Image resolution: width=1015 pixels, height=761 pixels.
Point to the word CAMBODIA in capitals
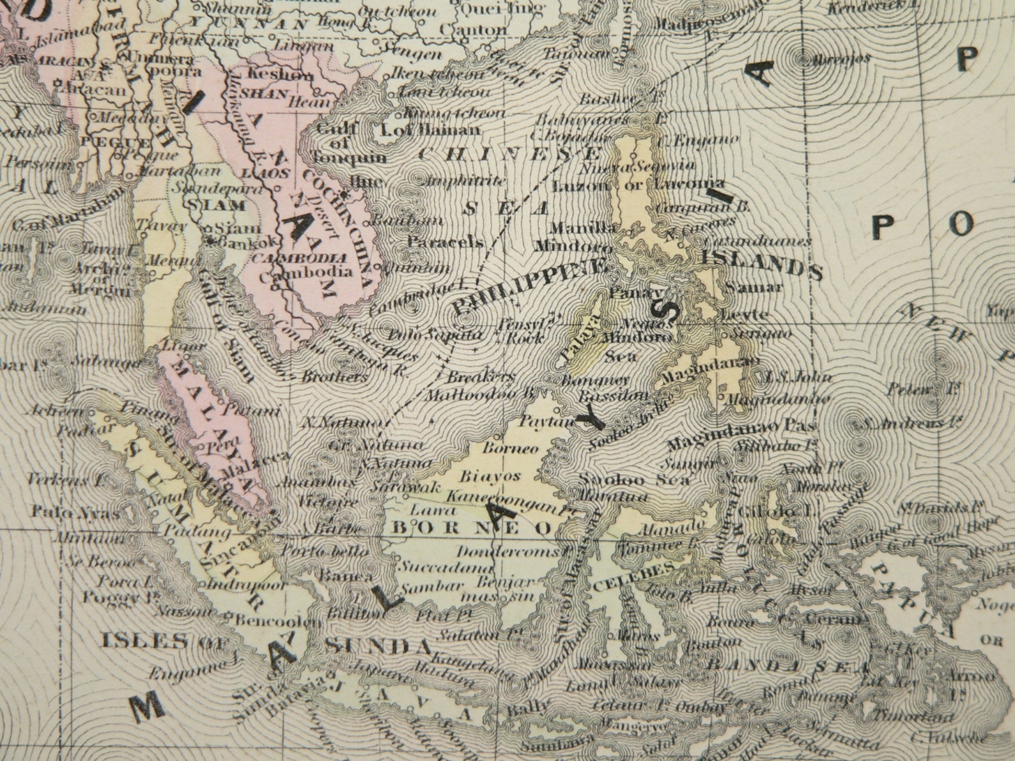(304, 259)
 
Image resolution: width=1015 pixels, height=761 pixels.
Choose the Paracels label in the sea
(445, 243)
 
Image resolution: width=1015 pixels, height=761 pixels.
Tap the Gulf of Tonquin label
(350, 143)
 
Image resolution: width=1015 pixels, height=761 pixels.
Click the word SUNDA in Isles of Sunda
(377, 645)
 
